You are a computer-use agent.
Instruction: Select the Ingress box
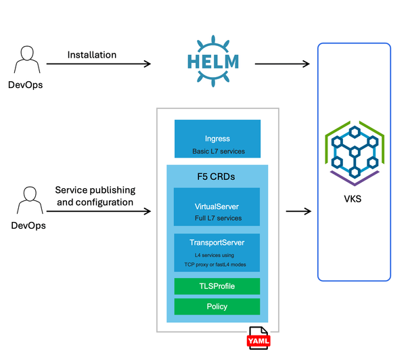(x=217, y=139)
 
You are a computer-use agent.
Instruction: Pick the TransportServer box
(x=217, y=252)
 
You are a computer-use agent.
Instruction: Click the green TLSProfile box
(x=217, y=286)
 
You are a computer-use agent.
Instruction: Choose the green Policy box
(x=217, y=307)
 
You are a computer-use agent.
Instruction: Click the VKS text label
(x=354, y=200)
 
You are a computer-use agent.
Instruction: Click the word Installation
(x=92, y=54)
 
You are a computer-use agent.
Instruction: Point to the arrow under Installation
(x=98, y=64)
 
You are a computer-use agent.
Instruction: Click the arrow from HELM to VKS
(x=281, y=64)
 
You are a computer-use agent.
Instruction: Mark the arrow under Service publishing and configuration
(x=98, y=211)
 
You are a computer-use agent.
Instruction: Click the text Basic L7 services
(x=217, y=151)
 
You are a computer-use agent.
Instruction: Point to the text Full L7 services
(x=217, y=219)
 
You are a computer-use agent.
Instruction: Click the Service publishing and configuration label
(x=95, y=196)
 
